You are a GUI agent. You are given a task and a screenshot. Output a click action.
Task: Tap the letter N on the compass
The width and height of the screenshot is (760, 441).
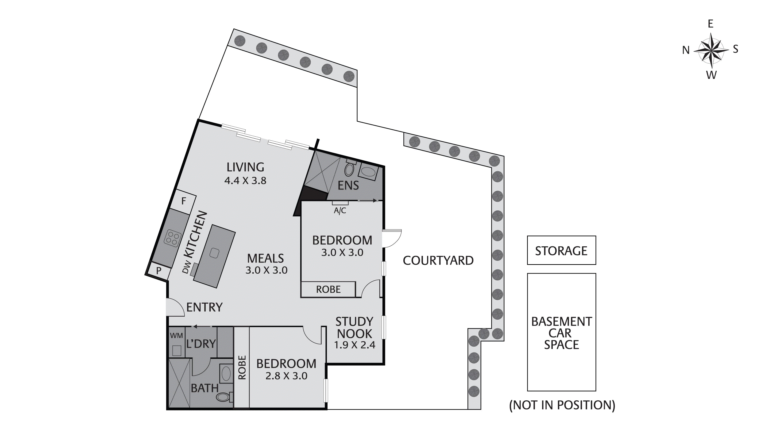coord(686,50)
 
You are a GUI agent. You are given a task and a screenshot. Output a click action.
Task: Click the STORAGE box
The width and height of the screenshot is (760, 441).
coord(561,250)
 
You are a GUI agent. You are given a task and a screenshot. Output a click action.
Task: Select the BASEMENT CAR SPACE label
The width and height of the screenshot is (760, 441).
coord(561,333)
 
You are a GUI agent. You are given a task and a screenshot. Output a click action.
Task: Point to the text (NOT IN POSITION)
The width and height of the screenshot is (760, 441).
coord(562,405)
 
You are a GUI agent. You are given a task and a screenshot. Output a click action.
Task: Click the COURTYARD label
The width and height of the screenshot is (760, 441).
coord(438,261)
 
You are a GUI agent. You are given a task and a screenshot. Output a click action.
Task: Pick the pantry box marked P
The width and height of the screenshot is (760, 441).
coord(159,271)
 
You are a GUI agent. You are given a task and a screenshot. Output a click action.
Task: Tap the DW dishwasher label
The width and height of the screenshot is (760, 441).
coord(187,267)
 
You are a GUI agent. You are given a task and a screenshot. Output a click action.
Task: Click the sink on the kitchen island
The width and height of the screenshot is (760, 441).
coord(214,253)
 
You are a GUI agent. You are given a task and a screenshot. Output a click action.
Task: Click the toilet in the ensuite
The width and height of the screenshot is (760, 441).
coord(349,170)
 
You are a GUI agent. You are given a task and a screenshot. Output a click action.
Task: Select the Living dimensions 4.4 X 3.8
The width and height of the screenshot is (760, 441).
coord(245,181)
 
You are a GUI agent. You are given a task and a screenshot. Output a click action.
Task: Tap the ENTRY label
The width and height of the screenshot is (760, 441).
coord(204,307)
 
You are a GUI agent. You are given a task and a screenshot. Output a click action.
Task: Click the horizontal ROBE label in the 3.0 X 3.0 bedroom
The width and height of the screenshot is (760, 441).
coord(328,290)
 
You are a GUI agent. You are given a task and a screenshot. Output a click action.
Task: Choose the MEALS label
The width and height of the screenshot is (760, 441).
coord(265,259)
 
